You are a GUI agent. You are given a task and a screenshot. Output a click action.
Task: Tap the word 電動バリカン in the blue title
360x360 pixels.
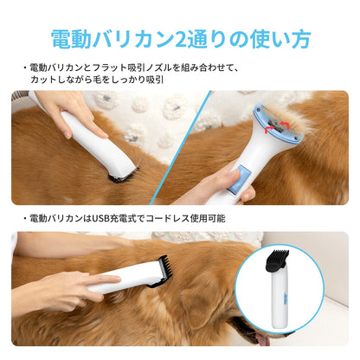tap(109, 39)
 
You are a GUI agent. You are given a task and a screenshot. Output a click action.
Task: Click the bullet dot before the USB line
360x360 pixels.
tap(24, 218)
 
